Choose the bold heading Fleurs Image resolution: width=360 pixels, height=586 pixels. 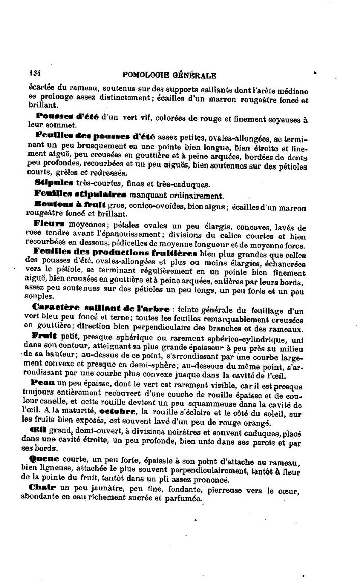pos(48,223)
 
